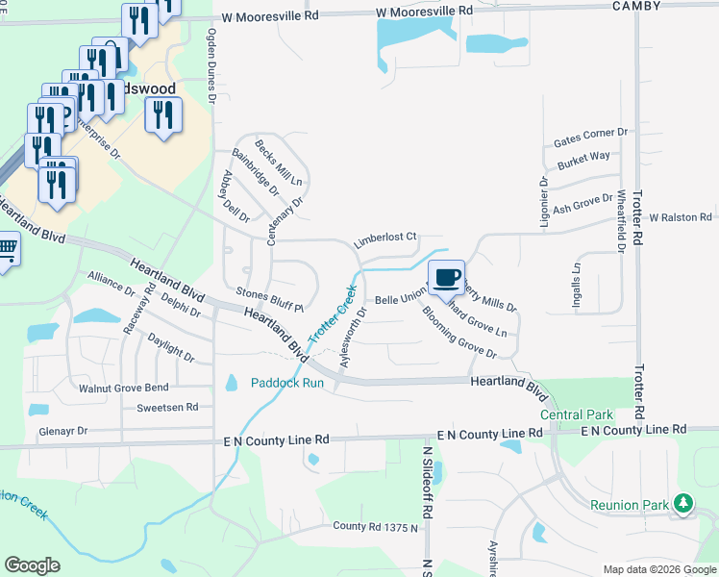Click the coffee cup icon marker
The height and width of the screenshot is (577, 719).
coord(446,278)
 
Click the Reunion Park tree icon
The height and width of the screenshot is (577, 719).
coord(683,503)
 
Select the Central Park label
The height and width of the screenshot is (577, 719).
coord(576,414)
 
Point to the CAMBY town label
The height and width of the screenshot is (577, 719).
coord(635,6)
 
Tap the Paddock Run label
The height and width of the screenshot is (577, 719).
coord(287,383)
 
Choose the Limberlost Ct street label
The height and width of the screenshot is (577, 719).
coord(384,237)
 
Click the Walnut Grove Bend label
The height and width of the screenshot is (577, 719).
coord(123,389)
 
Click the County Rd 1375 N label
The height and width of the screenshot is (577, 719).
coord(376,527)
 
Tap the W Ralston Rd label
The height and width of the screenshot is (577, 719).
coord(680,218)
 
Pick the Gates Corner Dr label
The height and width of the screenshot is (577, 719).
coord(589,138)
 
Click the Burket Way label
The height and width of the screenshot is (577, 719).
coord(583,157)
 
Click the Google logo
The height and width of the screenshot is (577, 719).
coord(32,565)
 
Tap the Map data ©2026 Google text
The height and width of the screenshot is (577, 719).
coord(658,569)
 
